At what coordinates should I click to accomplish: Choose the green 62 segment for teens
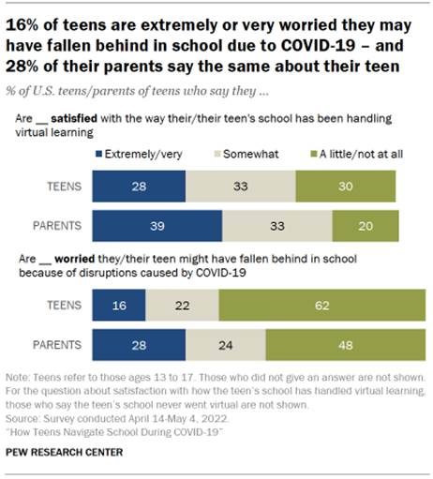321,306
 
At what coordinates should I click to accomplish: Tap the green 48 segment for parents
345,344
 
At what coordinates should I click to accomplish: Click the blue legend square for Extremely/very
100,150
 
